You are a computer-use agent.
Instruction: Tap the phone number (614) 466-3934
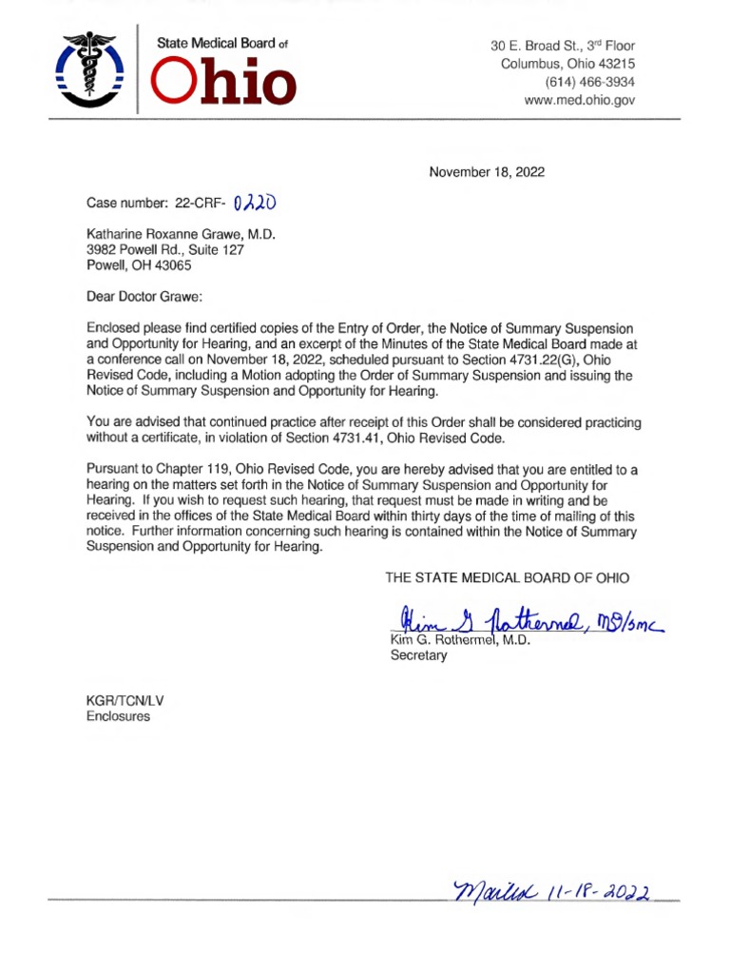pos(588,82)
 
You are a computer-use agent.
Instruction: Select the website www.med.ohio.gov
pos(579,100)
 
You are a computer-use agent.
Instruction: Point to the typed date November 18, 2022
pos(487,172)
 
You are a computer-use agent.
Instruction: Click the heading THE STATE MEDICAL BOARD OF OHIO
pos(507,577)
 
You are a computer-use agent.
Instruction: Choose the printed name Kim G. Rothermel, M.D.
pos(461,640)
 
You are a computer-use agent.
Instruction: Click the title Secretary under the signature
pos(418,656)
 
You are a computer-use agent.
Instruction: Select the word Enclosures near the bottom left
pos(119,716)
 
